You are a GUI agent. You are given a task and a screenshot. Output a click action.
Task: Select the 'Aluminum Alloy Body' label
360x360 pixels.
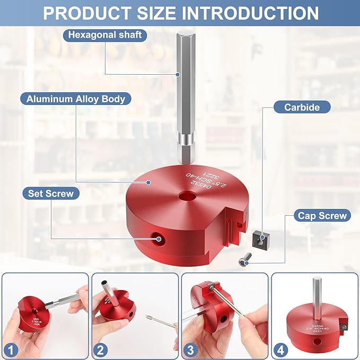tap(75, 99)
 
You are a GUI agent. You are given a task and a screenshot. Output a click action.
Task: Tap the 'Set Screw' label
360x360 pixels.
tap(51, 194)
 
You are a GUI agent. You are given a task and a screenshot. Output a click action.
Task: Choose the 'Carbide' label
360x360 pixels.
tap(302, 107)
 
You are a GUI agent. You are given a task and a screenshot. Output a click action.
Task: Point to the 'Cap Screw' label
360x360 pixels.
tap(322, 216)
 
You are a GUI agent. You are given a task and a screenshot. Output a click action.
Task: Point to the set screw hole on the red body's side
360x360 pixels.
tap(158, 240)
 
